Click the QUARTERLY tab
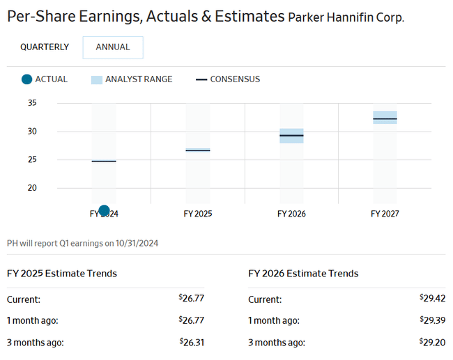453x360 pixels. pos(45,47)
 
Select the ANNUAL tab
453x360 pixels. pos(113,47)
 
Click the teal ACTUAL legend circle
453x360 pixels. pos(26,79)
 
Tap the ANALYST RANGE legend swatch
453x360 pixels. pos(96,79)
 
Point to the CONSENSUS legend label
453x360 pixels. pos(235,79)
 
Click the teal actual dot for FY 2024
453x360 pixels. pos(104,210)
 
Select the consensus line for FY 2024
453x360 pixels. pos(104,161)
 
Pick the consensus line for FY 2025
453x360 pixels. pos(198,150)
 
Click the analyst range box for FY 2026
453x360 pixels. pos(291,136)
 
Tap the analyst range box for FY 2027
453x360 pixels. pos(385,117)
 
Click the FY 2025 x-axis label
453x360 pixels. pos(198,214)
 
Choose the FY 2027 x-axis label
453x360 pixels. pos(385,214)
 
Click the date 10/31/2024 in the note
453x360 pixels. pos(138,243)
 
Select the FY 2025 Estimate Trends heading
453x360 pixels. pos(62,273)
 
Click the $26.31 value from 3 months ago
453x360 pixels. pos(191,342)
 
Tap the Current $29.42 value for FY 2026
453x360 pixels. pos(433,299)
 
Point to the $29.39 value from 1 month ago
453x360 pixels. pos(433,320)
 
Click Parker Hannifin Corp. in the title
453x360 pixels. pos(346,17)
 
